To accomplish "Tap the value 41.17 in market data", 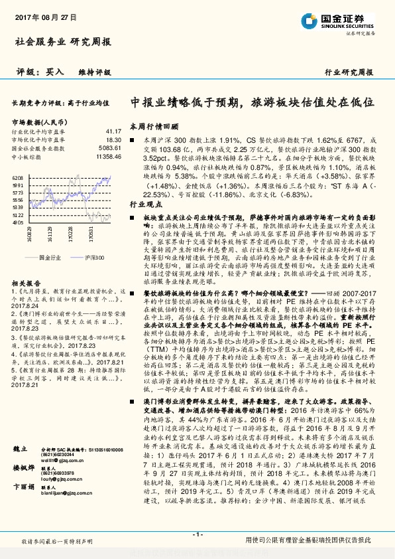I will pyautogui.click(x=113, y=132).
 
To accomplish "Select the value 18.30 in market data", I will pyautogui.click(x=113, y=140).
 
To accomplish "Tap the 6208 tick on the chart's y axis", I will pyautogui.click(x=18, y=179).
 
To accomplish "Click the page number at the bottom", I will pyautogui.click(x=197, y=535).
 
